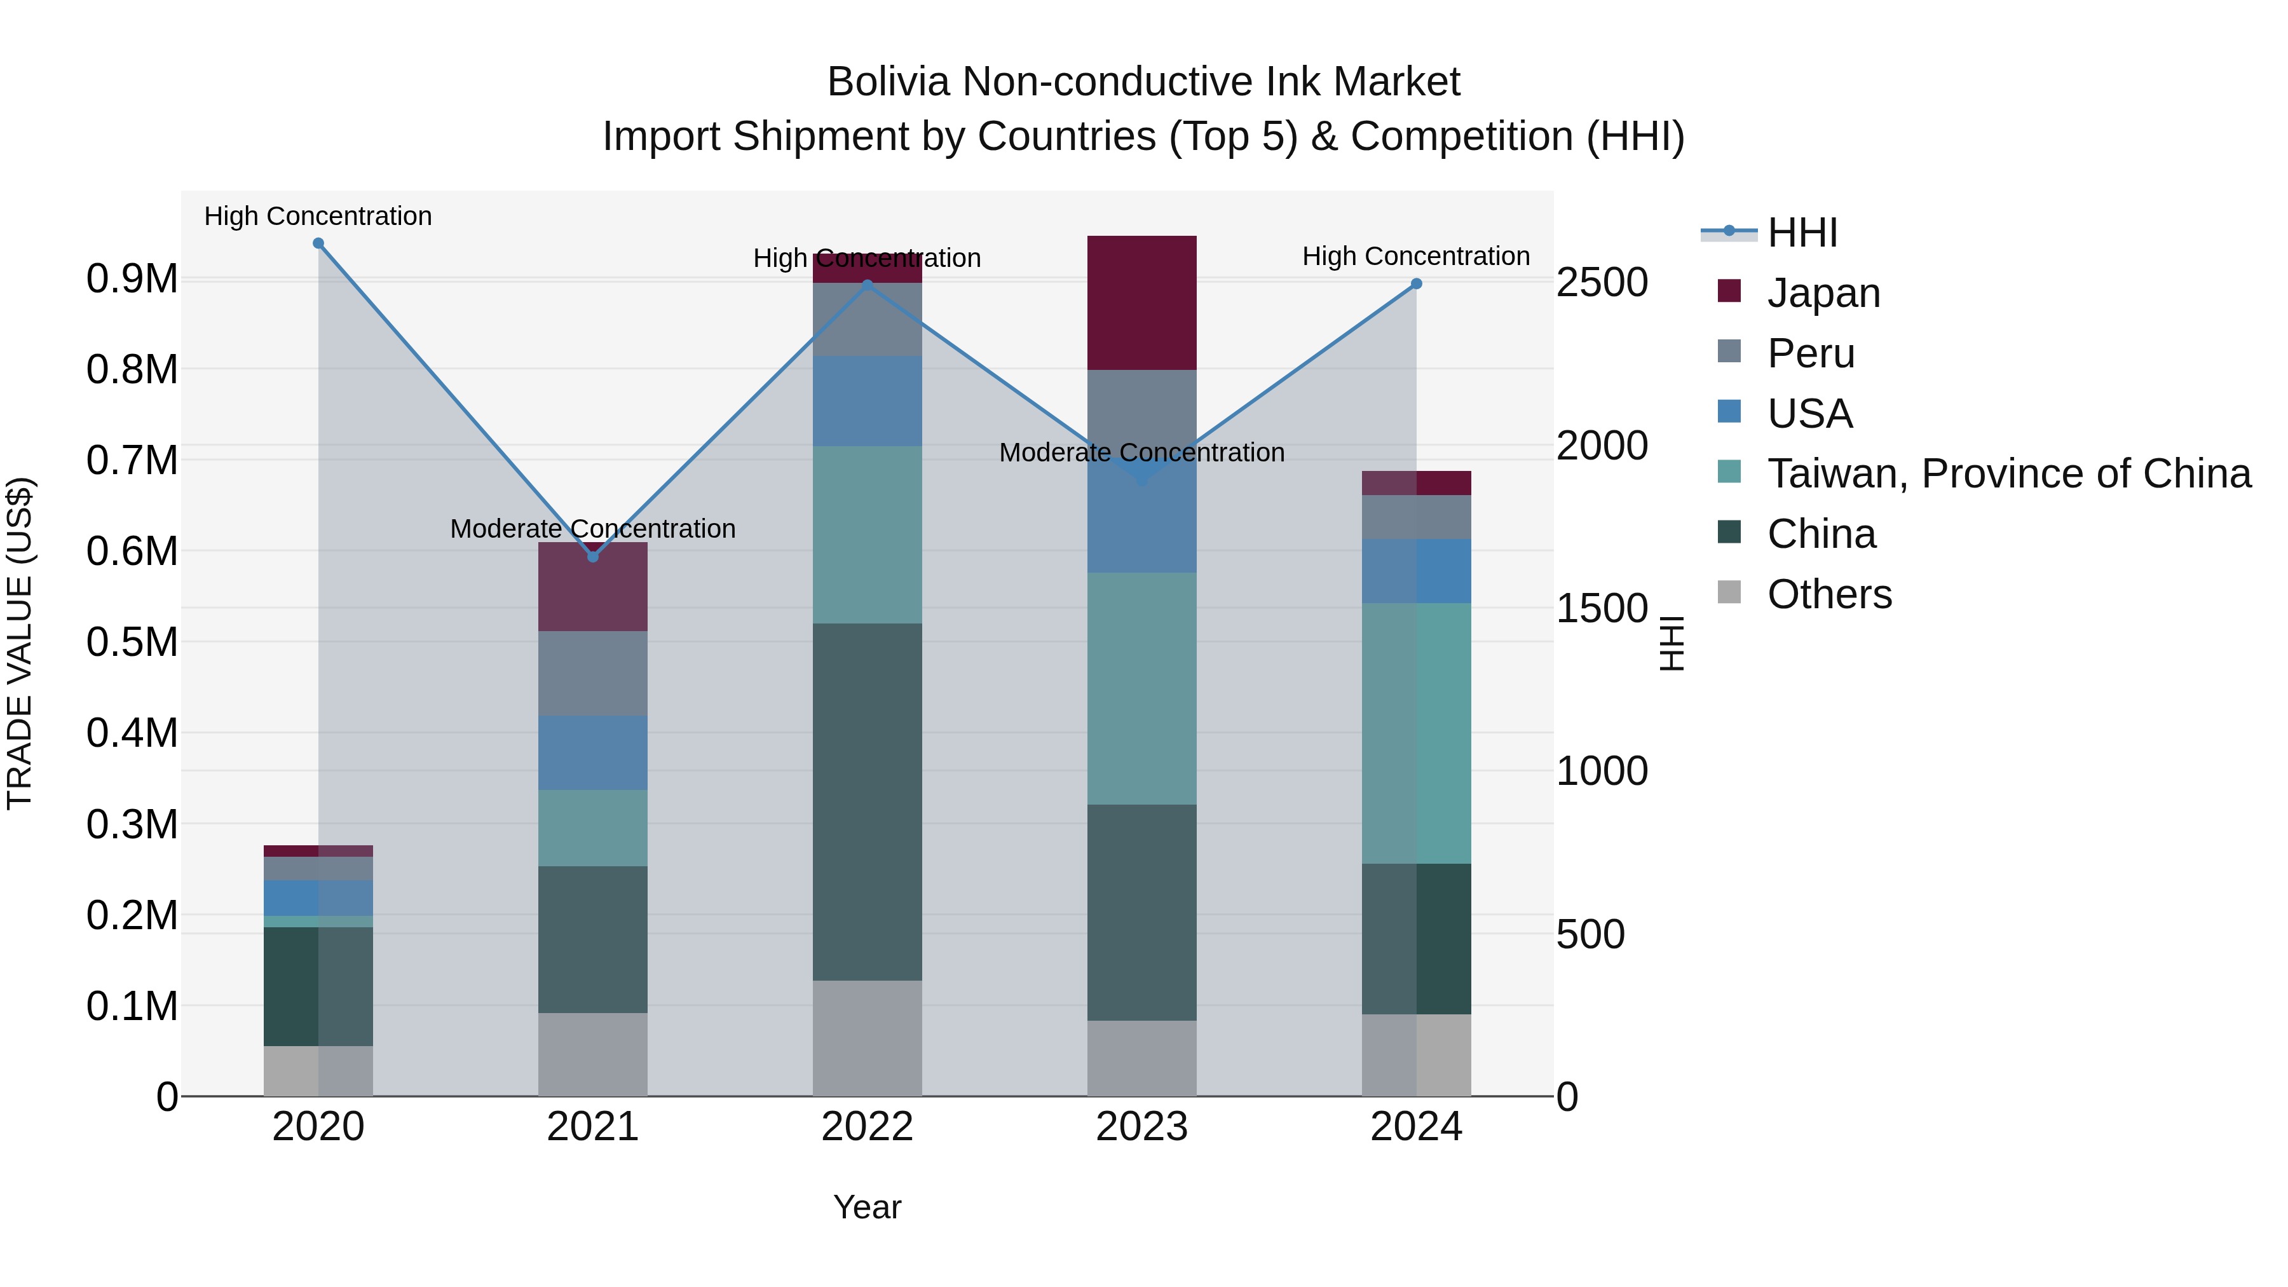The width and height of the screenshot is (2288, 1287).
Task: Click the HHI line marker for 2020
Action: [318, 243]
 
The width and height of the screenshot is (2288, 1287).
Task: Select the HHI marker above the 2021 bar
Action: [594, 557]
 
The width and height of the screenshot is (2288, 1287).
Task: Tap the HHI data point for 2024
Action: [1417, 284]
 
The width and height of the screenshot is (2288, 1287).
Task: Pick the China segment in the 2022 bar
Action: [867, 801]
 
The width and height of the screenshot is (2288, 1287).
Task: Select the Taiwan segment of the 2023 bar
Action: [1141, 688]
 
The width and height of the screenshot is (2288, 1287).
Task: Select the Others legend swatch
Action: [1729, 592]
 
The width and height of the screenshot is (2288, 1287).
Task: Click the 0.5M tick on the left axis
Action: [132, 642]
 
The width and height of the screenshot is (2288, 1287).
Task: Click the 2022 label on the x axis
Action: [867, 1127]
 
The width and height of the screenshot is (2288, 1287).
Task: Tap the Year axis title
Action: [867, 1207]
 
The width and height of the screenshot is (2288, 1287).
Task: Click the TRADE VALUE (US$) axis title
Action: [20, 643]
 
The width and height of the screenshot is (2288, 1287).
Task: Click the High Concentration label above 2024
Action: [1416, 255]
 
